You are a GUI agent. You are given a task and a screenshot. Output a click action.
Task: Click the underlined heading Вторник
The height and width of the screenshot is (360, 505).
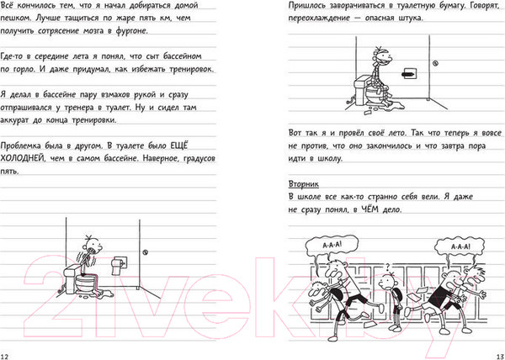pos(303,184)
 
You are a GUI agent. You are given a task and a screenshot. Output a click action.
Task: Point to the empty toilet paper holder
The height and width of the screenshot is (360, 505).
pos(408,74)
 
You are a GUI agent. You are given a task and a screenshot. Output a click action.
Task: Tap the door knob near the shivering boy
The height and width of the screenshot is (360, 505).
pos(145,252)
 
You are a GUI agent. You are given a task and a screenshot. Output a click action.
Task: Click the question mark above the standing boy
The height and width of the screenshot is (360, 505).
pos(388,267)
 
